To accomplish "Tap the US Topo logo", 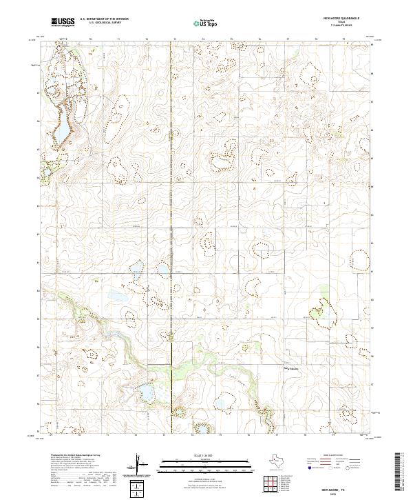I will point(206,22).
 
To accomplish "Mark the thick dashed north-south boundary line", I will point(171,207).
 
